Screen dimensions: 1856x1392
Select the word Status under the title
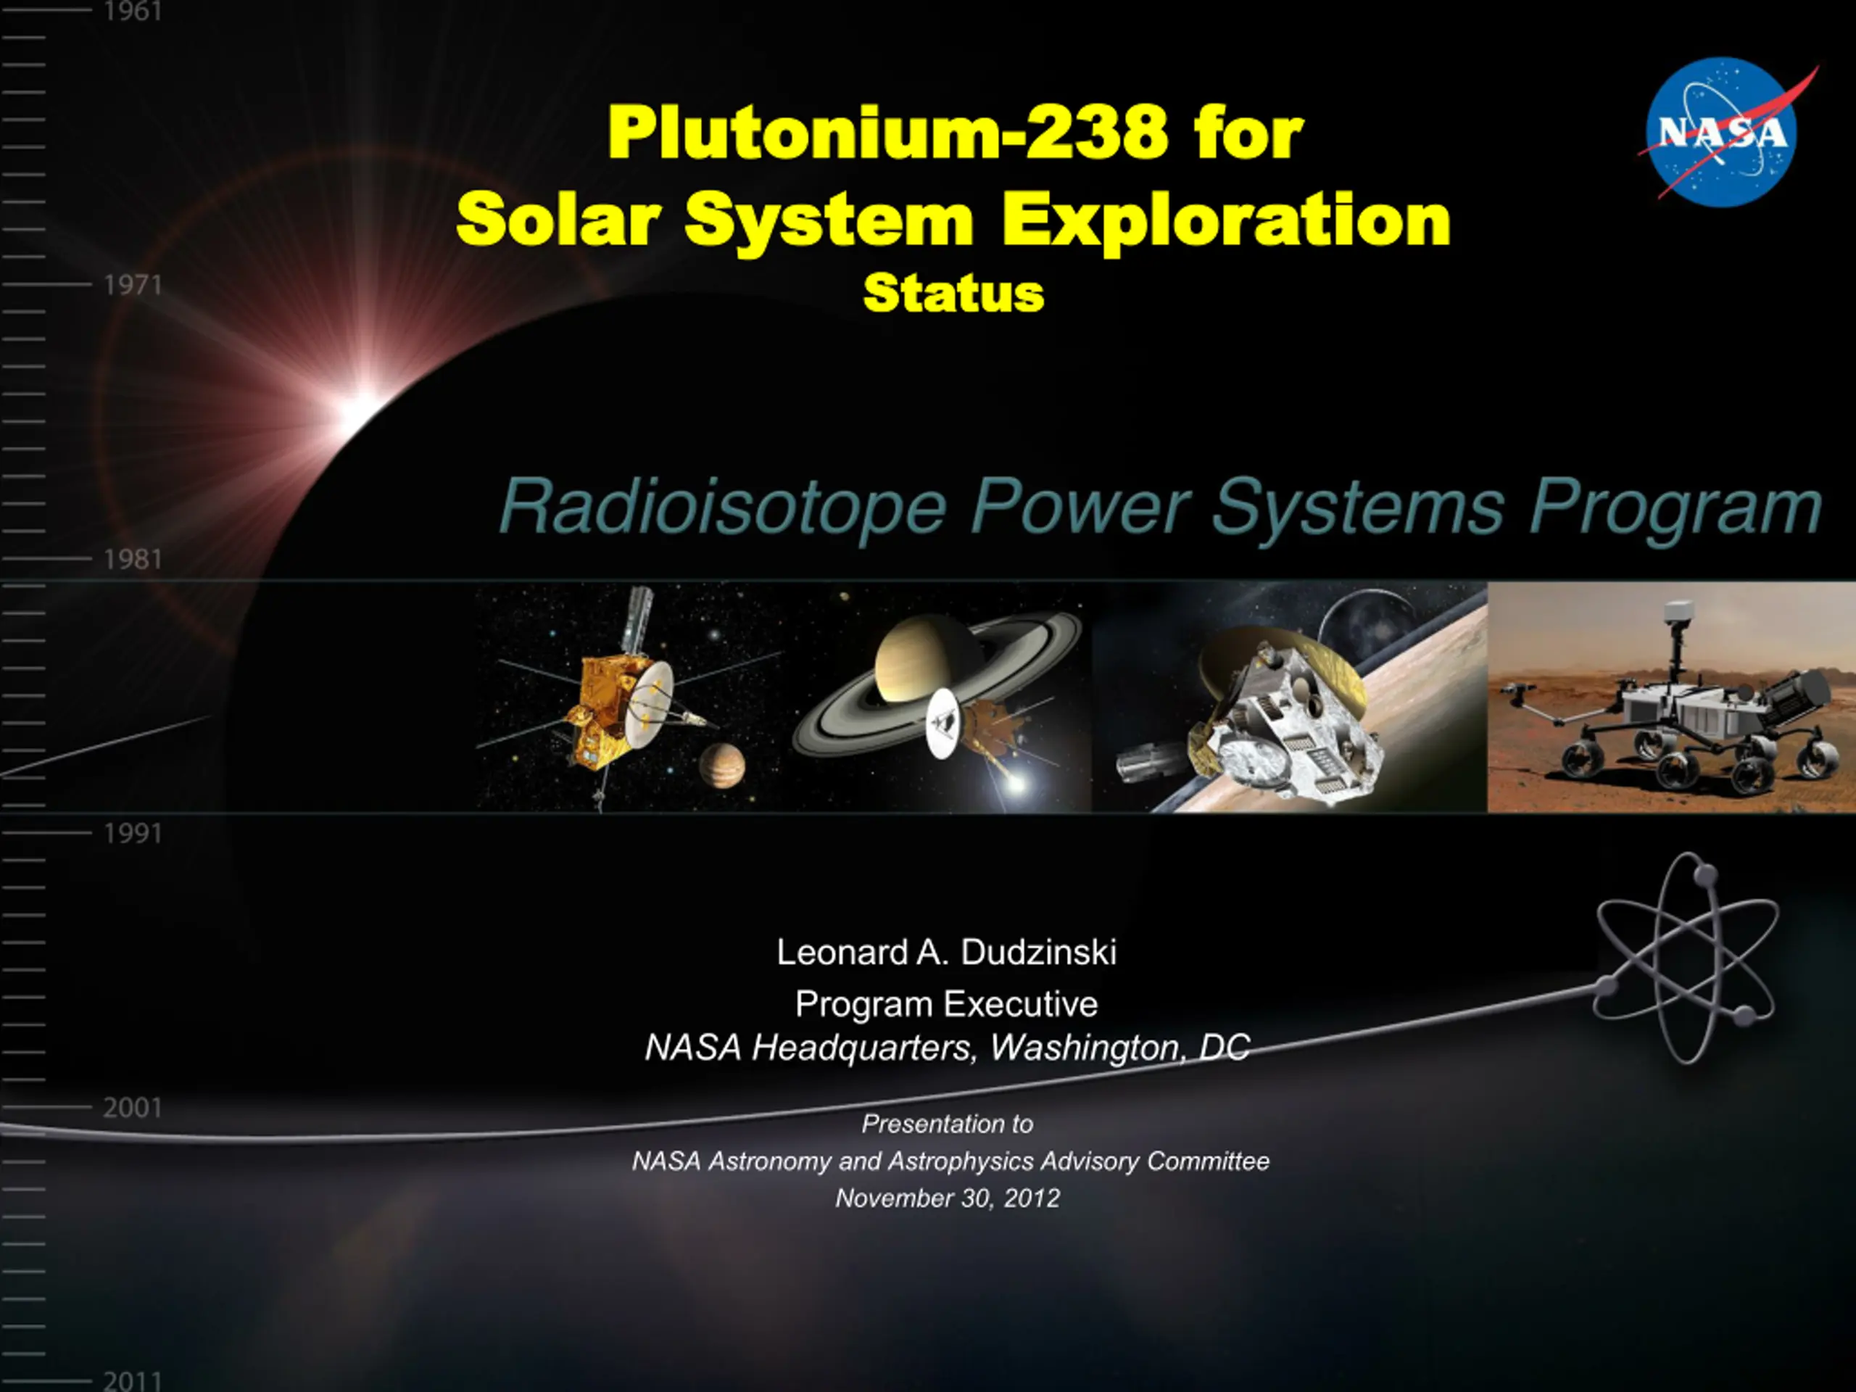[954, 293]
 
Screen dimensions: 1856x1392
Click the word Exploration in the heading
[1227, 220]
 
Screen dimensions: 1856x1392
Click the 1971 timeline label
[133, 285]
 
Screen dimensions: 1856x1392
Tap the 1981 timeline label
[133, 560]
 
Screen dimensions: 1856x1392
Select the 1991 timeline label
[133, 834]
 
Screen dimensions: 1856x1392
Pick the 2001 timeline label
[133, 1109]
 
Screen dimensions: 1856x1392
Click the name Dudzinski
[1039, 953]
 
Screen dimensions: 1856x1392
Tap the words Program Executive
[946, 1004]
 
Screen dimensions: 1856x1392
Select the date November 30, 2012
[948, 1198]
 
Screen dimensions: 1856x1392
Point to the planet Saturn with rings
[935, 671]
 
